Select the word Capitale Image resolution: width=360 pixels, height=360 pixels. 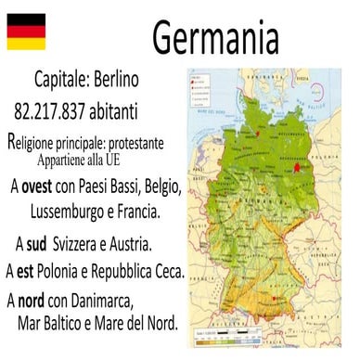tap(66, 83)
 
